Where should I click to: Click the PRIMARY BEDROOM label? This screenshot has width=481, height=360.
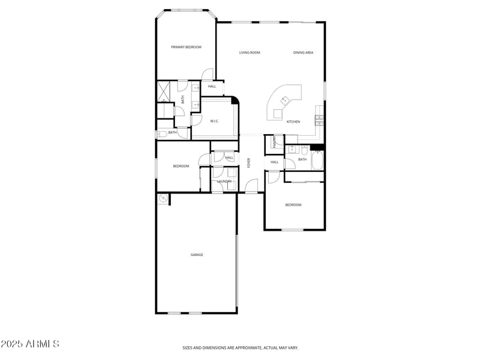(186, 47)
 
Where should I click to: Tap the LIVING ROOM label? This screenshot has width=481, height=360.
(250, 53)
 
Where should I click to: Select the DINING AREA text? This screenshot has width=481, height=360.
(303, 53)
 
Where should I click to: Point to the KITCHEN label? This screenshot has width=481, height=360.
(293, 122)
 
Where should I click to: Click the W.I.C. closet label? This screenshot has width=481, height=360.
(214, 121)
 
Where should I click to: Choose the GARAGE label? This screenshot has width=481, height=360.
(197, 255)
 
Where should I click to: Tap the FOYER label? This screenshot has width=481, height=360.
(248, 162)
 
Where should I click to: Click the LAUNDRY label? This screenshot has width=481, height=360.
(224, 181)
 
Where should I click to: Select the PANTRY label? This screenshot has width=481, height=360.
(274, 142)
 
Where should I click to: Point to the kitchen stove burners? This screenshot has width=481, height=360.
(319, 120)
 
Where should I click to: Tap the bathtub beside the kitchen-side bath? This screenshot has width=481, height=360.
(317, 161)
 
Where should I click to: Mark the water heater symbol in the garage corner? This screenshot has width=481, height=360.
(162, 198)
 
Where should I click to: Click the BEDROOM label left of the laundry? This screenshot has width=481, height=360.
(181, 166)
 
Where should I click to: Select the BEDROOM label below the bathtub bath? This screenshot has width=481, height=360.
(293, 205)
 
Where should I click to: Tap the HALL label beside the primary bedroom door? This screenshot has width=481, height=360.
(212, 87)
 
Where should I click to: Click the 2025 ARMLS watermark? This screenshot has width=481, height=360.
(30, 344)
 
